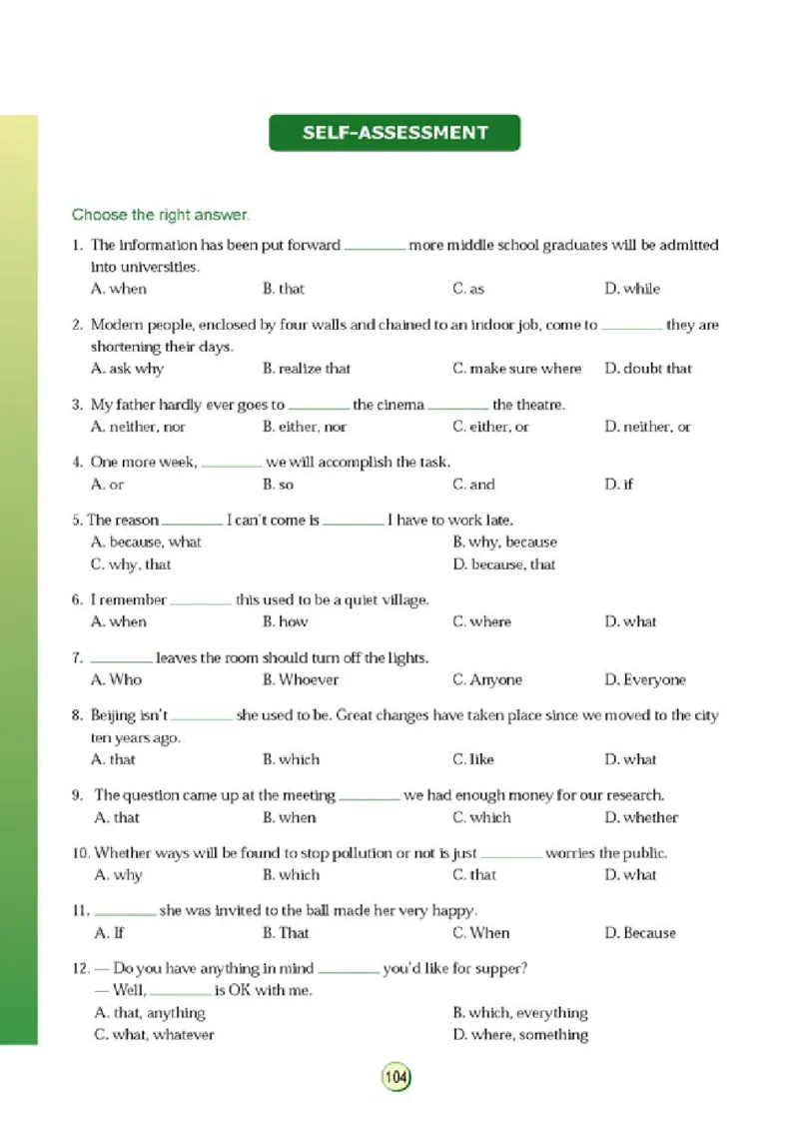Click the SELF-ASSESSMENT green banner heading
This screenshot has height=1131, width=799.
coord(395,133)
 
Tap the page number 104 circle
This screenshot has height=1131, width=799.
coord(396,1078)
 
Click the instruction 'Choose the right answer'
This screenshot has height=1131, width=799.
coord(161,215)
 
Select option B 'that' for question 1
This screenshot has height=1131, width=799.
coord(284,289)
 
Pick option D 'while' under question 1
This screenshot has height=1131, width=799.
coord(632,289)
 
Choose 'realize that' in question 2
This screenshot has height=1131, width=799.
coord(307,369)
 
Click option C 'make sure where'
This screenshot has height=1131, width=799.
coord(516,369)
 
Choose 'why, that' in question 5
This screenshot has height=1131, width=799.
coord(131,565)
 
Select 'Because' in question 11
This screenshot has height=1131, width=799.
coord(640,933)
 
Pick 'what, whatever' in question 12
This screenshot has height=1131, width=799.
coord(155,1035)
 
